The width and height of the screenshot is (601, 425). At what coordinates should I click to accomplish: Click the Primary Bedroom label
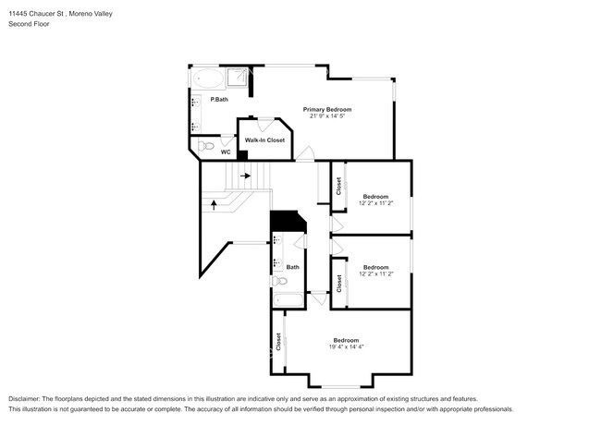click(x=327, y=110)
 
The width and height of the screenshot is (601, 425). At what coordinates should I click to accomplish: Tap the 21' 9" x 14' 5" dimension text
click(x=327, y=115)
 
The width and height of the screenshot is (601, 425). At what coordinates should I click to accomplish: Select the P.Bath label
click(x=219, y=100)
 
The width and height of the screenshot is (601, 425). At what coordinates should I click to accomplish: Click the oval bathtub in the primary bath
click(x=208, y=79)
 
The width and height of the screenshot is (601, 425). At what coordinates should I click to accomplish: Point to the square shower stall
click(x=237, y=78)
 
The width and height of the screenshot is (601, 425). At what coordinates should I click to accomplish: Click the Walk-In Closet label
click(x=264, y=140)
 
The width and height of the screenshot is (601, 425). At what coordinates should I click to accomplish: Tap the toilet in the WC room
click(x=206, y=146)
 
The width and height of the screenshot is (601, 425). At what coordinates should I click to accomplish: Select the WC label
click(x=226, y=152)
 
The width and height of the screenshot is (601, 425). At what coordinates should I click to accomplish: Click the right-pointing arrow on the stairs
click(x=245, y=176)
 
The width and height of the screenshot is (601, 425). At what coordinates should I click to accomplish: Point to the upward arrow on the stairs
click(x=214, y=205)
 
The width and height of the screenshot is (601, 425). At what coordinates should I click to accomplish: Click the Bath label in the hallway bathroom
click(x=293, y=267)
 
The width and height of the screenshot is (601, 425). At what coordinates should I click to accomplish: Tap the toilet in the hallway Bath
click(x=280, y=282)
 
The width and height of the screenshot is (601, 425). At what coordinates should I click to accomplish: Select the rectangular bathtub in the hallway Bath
click(x=288, y=299)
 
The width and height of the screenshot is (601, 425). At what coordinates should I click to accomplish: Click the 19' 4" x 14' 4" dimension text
click(x=347, y=346)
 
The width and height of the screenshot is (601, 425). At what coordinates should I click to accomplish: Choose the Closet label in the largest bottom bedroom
click(x=278, y=342)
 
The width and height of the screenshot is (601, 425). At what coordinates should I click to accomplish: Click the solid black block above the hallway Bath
click(x=288, y=221)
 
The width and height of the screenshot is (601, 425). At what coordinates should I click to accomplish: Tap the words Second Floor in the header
click(x=30, y=24)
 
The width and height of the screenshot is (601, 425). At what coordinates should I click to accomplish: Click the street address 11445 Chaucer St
click(x=38, y=14)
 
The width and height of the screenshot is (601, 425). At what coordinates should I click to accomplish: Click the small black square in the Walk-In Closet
click(x=242, y=155)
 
